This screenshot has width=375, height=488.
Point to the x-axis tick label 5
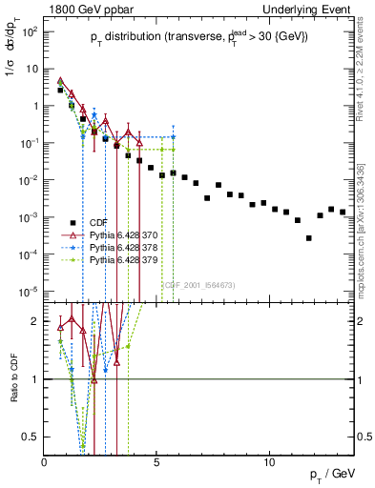coord(156,462)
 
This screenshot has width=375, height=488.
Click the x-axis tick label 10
coord(269,462)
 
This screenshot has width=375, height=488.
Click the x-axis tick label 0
coord(45,462)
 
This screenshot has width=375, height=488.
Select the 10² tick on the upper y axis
coord(31,31)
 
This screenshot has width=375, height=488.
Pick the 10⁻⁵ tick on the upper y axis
coord(31,291)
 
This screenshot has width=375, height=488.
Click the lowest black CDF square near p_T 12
coord(308,238)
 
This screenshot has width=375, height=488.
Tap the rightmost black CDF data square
coord(343,212)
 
